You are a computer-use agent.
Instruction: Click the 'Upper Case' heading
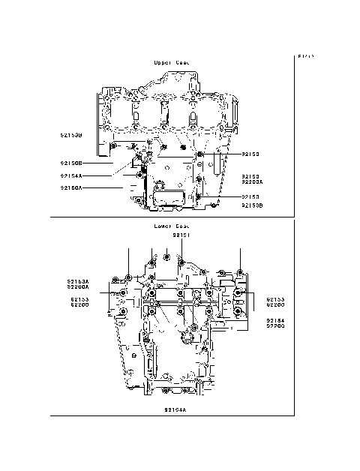tap(171, 63)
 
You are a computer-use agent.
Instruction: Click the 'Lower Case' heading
tap(171, 226)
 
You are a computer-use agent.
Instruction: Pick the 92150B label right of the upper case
tap(252, 204)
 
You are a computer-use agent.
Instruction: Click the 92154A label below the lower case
tap(175, 410)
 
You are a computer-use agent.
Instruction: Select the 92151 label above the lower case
tap(182, 235)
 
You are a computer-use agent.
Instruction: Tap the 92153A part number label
tap(79, 281)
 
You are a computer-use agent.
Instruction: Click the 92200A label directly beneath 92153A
tap(79, 287)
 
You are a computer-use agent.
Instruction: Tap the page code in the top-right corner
tap(305, 56)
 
